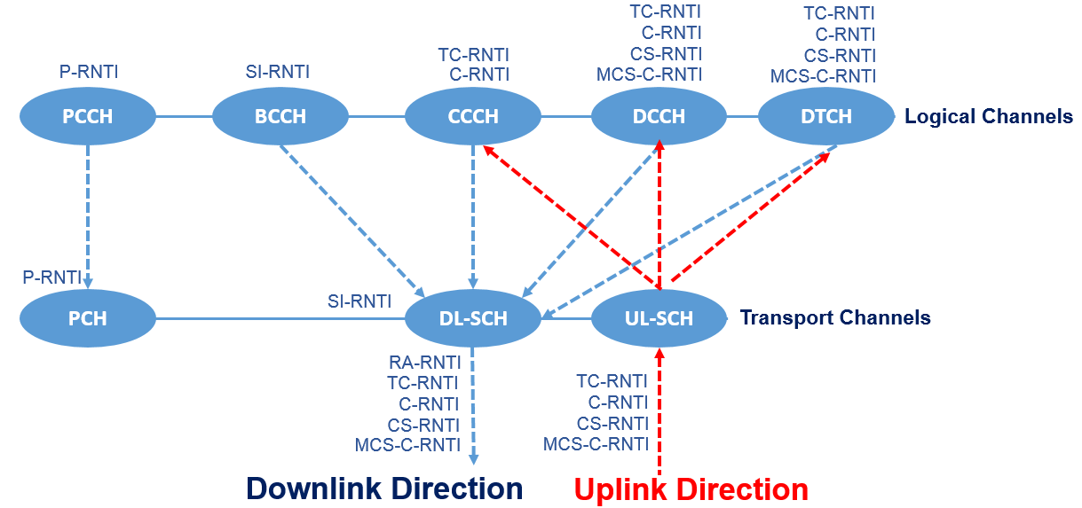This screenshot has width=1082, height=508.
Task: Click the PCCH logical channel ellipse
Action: [88, 116]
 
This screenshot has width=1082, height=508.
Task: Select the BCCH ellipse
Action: [280, 116]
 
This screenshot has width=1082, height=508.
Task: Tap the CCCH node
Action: [473, 116]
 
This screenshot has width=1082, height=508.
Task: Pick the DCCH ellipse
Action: [659, 116]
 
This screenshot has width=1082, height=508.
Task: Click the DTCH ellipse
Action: [825, 116]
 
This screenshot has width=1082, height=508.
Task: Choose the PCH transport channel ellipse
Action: [88, 317]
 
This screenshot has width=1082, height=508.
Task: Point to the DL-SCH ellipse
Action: [473, 317]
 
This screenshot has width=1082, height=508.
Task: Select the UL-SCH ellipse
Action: [659, 317]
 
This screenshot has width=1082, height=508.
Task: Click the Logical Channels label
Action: [988, 116]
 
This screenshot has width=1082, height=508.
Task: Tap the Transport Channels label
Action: [835, 317]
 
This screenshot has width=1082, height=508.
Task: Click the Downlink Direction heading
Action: [384, 488]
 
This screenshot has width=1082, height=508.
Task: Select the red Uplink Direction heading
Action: [691, 489]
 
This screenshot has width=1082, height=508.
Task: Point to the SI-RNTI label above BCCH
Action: [278, 72]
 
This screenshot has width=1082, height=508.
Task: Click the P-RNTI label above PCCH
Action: [89, 72]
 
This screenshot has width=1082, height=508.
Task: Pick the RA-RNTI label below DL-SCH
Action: [424, 362]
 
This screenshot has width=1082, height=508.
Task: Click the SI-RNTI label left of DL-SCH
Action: [359, 301]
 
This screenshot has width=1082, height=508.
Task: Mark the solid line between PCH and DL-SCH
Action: [280, 317]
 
